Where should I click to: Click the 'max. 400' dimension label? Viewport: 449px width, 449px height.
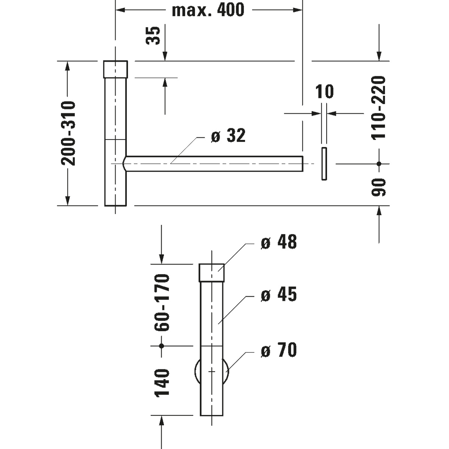pos(208,10)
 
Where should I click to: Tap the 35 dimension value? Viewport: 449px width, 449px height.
pos(153,36)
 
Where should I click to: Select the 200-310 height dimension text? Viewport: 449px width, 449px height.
pos(68,133)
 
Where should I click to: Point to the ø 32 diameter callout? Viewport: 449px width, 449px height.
pos(228,135)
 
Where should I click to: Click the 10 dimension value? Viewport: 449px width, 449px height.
pos(324,91)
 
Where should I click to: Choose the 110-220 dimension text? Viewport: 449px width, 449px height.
pos(378,108)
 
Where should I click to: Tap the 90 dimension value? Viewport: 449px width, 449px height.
pos(378,187)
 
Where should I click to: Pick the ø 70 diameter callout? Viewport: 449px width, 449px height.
pos(279,349)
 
